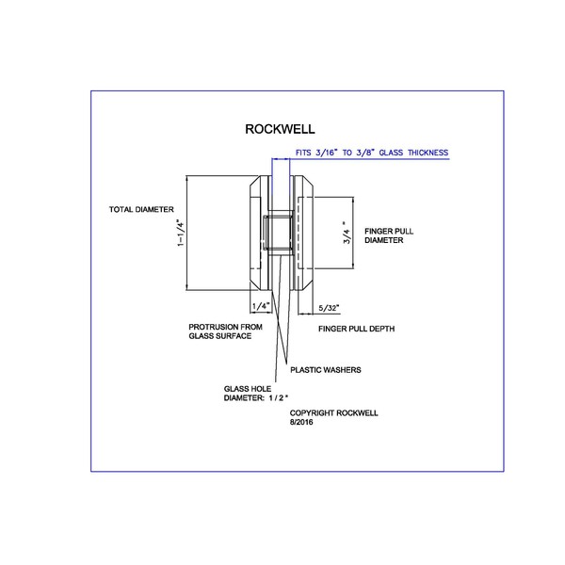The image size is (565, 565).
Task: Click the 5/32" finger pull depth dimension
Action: pos(329,307)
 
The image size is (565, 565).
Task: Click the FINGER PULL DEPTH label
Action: pos(356,329)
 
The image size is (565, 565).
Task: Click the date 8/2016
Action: pos(301,423)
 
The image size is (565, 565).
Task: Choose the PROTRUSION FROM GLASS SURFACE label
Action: pos(220,331)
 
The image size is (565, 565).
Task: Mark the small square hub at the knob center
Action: pos(277,233)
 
